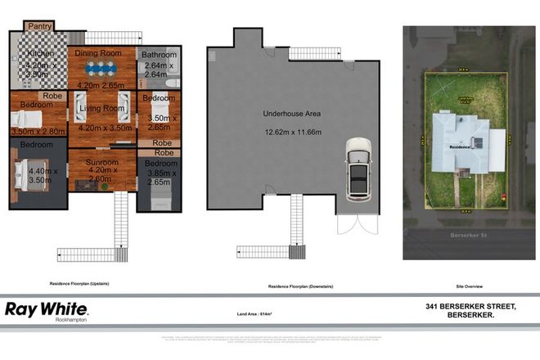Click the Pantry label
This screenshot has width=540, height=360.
click(x=40, y=26)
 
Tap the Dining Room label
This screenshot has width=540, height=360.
click(x=98, y=53)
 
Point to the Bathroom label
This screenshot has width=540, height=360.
click(x=155, y=55)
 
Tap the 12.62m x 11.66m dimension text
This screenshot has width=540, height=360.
click(x=288, y=132)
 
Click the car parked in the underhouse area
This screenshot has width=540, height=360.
click(x=358, y=169)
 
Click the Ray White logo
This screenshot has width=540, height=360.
click(x=47, y=309)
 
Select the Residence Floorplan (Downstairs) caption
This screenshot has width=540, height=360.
click(x=290, y=286)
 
